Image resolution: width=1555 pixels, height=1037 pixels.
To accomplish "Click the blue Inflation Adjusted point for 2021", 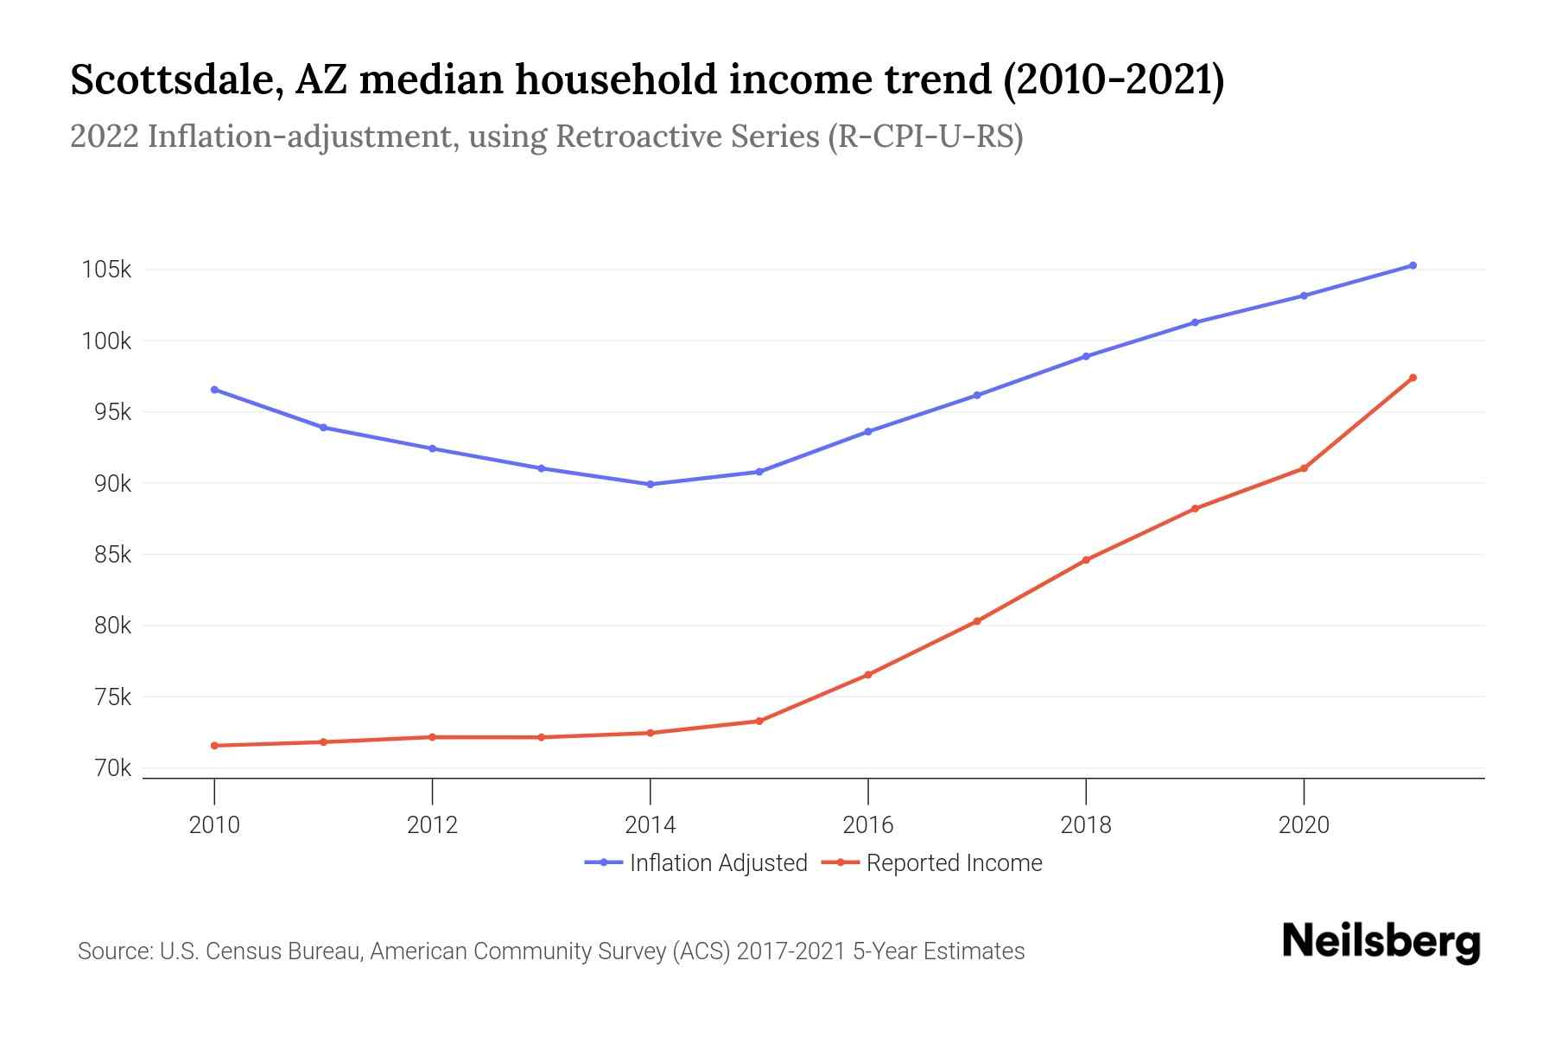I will pos(1412,265).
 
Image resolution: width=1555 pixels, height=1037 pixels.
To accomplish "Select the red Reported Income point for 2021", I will pos(1412,378).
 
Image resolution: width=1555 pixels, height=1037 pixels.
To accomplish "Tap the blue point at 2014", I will pos(651,484).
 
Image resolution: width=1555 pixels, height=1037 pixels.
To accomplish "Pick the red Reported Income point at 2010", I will pos(214,746).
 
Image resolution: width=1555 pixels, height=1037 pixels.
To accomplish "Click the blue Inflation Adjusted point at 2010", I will pos(214,390).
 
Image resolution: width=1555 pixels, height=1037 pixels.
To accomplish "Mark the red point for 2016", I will pos(868,675).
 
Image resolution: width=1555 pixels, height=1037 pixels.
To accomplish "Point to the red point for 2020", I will pos(1304,468).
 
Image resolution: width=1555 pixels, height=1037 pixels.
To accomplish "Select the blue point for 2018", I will pos(1086,356).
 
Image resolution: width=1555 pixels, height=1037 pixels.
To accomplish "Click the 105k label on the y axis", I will pos(106,270).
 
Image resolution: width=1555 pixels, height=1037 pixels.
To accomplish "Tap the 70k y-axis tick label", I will pos(112,768).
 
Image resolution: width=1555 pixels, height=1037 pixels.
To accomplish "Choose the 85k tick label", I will pos(112,554).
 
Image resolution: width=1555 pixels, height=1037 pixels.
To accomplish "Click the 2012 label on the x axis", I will pos(432,825).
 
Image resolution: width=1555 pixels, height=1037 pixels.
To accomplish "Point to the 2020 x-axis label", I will pos(1304,825).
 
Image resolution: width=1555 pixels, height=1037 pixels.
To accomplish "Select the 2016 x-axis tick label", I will pos(868,825).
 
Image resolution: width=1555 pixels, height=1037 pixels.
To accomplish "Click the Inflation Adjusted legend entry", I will pos(717,863).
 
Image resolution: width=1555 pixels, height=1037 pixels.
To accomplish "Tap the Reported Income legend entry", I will pos(954,863).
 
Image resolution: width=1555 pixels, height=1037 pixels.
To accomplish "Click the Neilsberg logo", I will pos(1380,942).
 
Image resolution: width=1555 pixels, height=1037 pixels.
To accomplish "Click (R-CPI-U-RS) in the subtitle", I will pos(924,137).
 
